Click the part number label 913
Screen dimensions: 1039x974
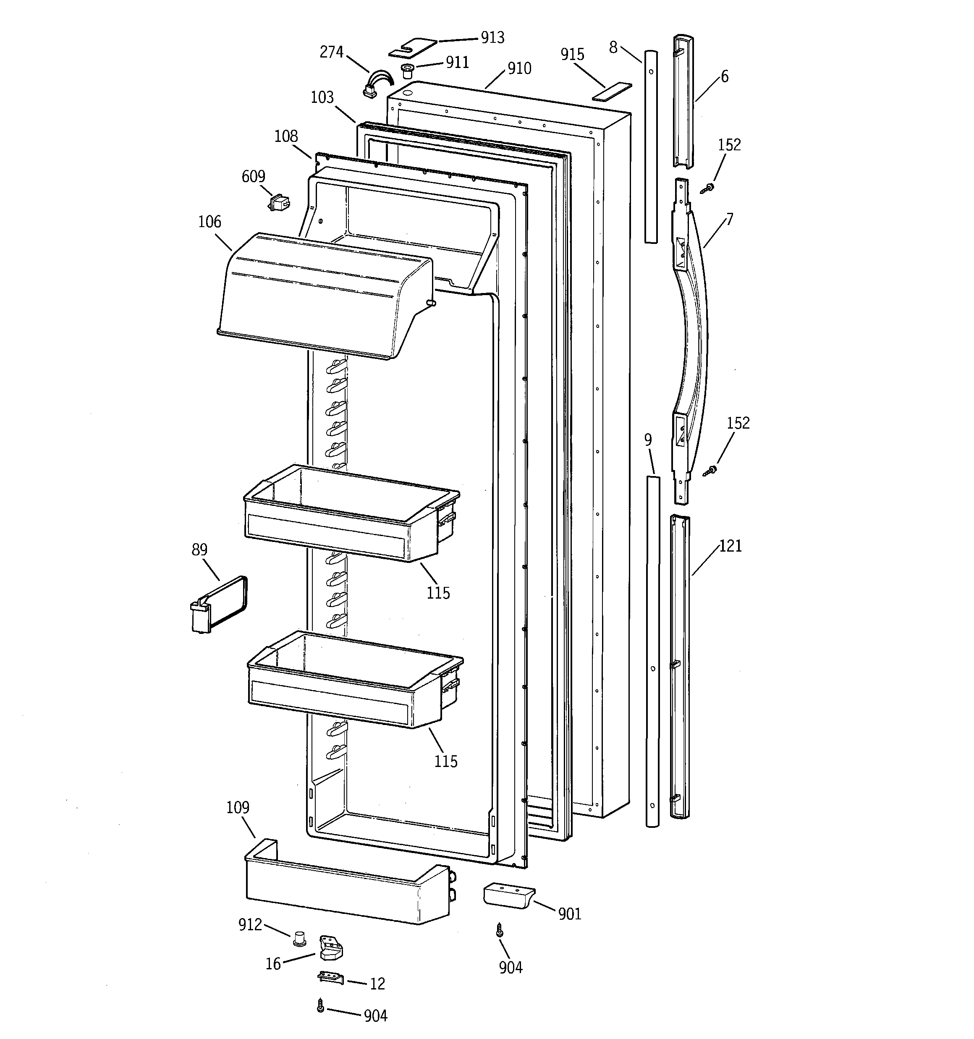click(492, 38)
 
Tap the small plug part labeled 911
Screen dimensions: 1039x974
click(407, 71)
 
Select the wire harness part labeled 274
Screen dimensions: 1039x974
click(377, 85)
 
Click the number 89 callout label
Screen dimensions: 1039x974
click(199, 550)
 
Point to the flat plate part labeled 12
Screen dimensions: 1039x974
click(330, 978)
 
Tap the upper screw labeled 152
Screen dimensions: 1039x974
click(709, 187)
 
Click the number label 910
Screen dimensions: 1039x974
click(519, 68)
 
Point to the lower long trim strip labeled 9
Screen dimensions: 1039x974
click(652, 648)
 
